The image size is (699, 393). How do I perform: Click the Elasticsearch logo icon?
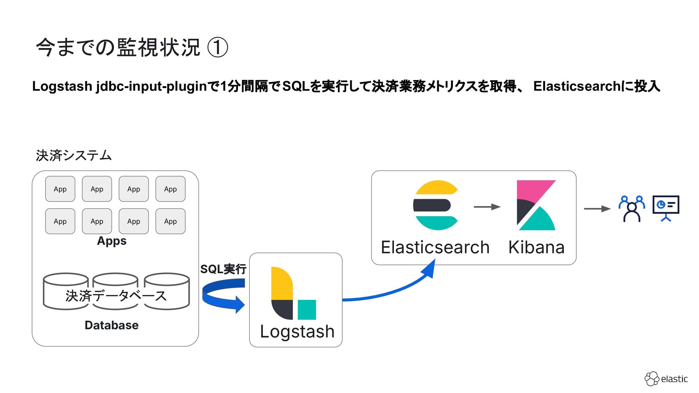tap(436, 205)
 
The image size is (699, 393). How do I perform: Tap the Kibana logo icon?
tap(536, 205)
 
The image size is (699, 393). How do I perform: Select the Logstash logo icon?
tap(293, 293)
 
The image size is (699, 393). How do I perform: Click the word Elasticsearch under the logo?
tap(435, 247)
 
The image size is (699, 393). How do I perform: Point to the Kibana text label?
tap(536, 247)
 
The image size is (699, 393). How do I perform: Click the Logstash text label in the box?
tap(297, 332)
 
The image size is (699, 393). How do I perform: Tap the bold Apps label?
tap(112, 241)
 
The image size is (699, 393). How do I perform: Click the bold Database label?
tap(111, 325)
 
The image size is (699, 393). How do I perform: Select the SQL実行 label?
tap(223, 269)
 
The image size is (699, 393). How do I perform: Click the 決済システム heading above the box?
tap(74, 155)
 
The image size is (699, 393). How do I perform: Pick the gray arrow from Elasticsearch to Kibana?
tap(487, 207)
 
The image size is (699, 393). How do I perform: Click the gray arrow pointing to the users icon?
tap(597, 209)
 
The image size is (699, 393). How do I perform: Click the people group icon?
tap(632, 209)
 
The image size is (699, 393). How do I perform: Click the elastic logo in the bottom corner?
tap(666, 379)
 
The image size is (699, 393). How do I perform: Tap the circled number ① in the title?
tap(217, 48)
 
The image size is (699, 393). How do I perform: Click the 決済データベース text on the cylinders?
tap(116, 296)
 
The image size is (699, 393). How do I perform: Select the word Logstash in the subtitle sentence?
tap(62, 86)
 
